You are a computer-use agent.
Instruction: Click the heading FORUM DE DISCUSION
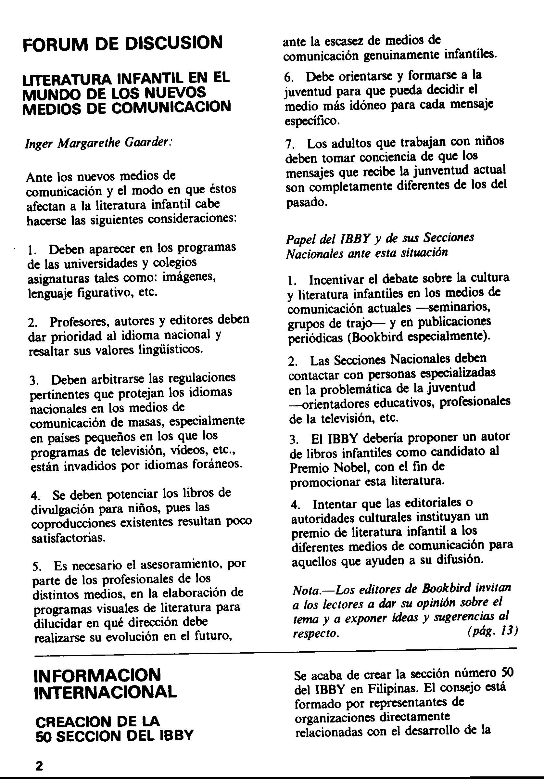pos(122,43)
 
